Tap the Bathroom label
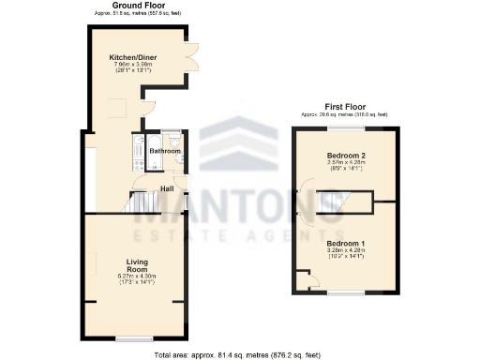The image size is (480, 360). point(165,150)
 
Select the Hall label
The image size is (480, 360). point(167,188)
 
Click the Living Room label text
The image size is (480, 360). point(138,265)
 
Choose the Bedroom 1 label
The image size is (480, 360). point(345,244)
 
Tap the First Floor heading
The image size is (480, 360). point(345,108)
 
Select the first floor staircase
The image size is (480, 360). point(334,201)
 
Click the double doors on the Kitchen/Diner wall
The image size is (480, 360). point(193,56)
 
